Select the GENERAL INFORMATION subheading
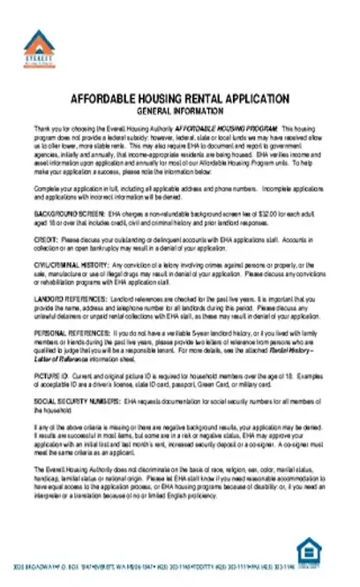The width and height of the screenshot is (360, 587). click(180, 112)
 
